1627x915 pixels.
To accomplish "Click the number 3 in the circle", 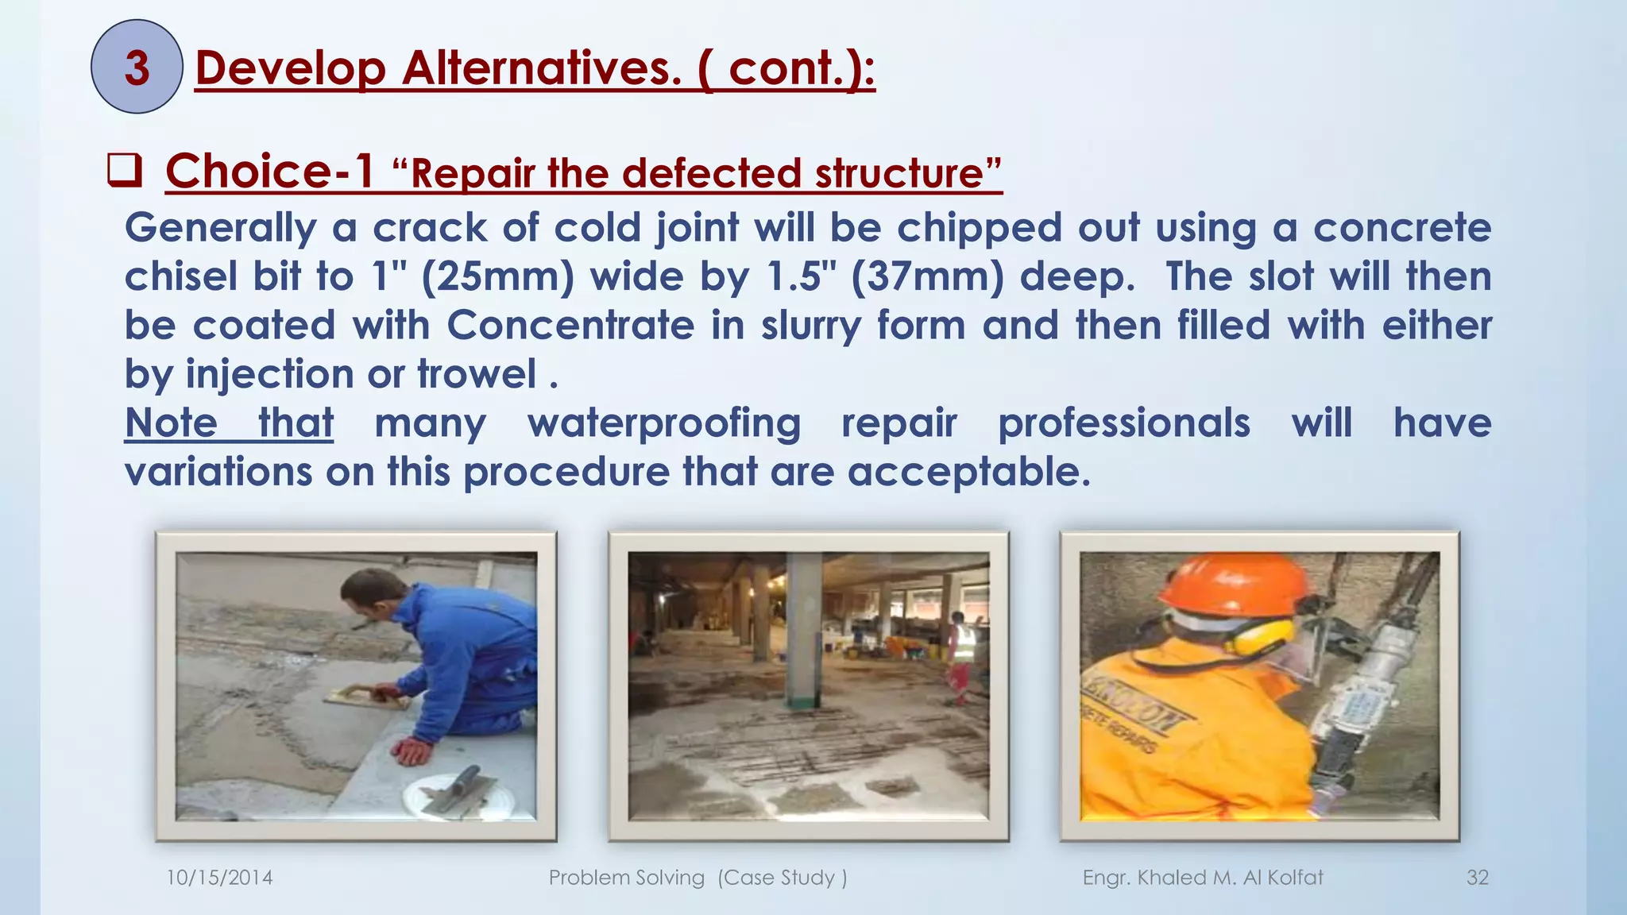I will click(137, 68).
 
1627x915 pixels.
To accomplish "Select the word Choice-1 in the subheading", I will click(269, 171).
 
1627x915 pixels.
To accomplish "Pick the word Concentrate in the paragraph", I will click(570, 326).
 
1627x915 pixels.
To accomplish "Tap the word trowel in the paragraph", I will click(477, 374).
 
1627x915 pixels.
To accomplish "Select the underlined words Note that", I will click(229, 423).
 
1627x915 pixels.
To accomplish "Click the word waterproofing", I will click(664, 423).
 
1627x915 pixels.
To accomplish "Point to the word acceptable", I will click(968, 472).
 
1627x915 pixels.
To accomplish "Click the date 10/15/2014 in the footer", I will click(219, 878).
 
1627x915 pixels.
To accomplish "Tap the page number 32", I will click(1477, 878).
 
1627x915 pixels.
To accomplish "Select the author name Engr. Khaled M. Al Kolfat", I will click(1202, 878).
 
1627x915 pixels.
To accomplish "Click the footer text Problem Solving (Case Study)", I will click(698, 878).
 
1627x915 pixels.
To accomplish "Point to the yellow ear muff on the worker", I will click(1262, 636).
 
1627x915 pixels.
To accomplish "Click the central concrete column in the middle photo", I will click(804, 627).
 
